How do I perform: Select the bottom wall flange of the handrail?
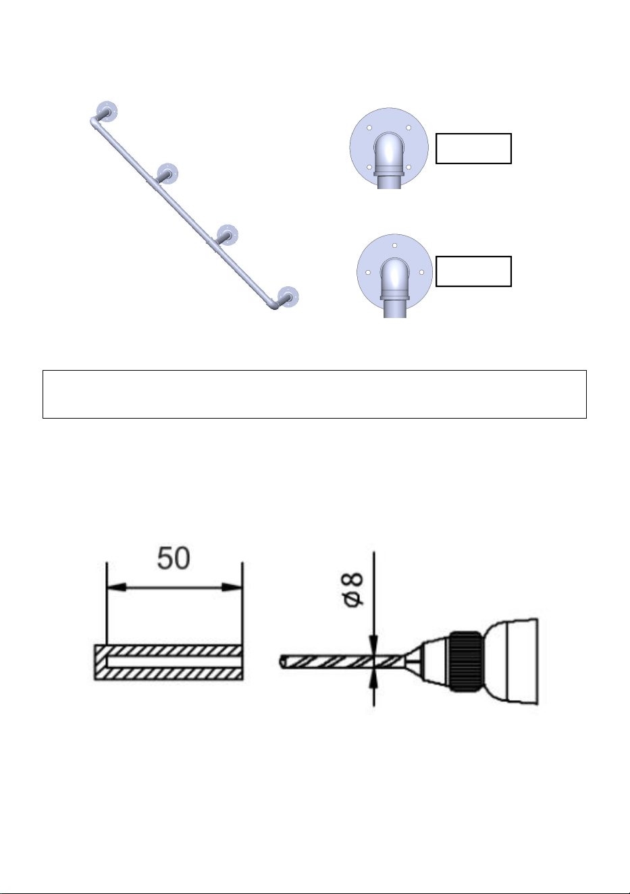click(x=288, y=296)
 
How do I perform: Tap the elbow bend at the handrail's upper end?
click(x=95, y=121)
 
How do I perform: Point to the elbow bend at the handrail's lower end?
click(x=274, y=305)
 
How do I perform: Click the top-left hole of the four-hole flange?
click(x=369, y=128)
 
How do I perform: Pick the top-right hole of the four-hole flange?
click(x=409, y=128)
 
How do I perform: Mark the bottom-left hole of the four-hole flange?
click(x=369, y=167)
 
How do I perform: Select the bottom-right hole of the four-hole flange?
click(x=409, y=167)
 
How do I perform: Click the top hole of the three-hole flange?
click(x=394, y=246)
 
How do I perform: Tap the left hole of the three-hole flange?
click(x=368, y=273)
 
